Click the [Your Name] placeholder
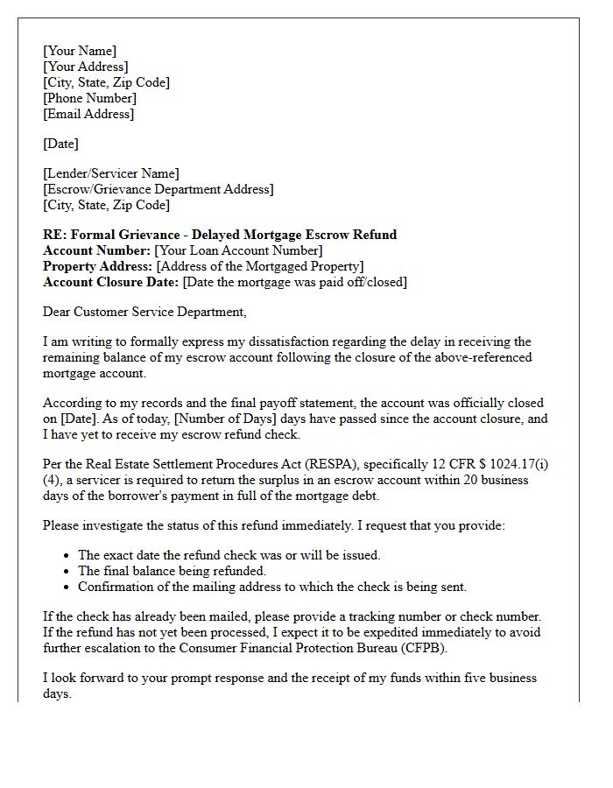[x=80, y=51]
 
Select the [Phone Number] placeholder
[x=89, y=98]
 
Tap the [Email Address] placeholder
[x=88, y=114]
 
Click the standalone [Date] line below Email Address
[x=60, y=144]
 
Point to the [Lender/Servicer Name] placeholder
[x=111, y=173]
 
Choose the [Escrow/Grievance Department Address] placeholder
[x=159, y=189]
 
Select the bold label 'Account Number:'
[x=96, y=250]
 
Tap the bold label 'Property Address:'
[x=98, y=266]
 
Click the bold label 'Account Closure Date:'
[x=111, y=282]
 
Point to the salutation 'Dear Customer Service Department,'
[x=145, y=312]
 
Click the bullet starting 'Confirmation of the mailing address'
[x=272, y=587]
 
